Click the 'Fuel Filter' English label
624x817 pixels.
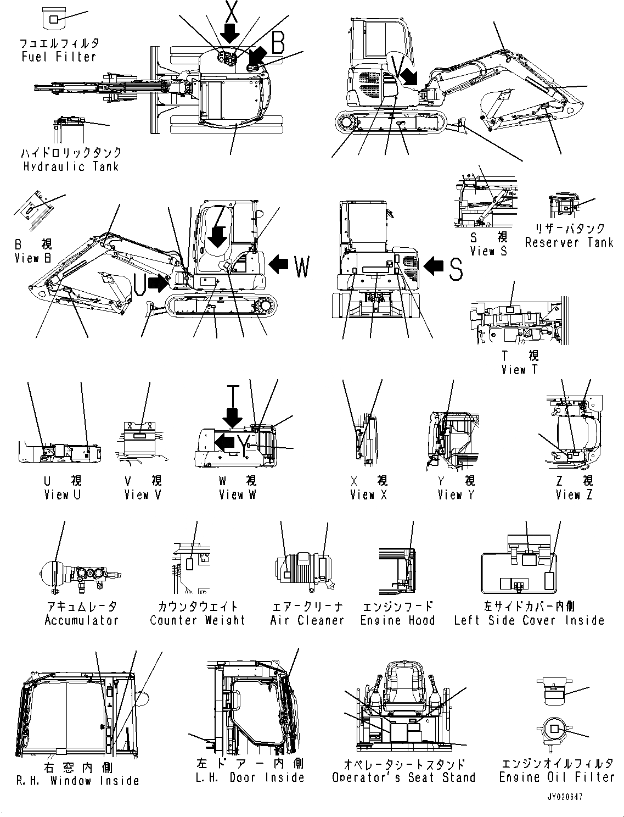[59, 57]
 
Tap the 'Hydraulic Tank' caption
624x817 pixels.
[70, 166]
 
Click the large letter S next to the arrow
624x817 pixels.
[456, 269]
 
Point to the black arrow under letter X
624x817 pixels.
[231, 34]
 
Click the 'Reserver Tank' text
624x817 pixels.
[569, 242]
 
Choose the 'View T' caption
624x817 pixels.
[519, 370]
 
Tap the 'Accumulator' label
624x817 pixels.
[81, 620]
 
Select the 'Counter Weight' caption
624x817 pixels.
[198, 620]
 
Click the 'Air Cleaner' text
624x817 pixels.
[307, 620]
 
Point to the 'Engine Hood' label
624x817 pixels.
[397, 620]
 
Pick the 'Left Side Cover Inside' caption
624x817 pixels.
[529, 620]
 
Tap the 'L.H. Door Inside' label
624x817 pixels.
[250, 777]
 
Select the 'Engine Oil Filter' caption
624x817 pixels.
[556, 777]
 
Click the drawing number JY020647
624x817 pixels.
[564, 796]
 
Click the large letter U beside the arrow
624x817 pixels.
[139, 284]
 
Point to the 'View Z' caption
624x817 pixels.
[574, 495]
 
